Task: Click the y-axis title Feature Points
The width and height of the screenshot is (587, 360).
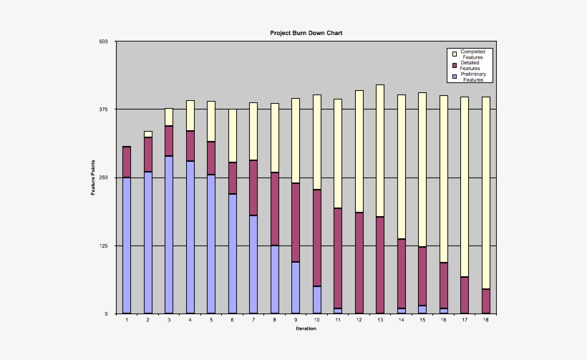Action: click(x=93, y=178)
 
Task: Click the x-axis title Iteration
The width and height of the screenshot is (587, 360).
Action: click(x=306, y=329)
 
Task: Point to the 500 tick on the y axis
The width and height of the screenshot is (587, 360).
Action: click(x=103, y=42)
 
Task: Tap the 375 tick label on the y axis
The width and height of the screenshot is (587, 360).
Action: click(x=103, y=110)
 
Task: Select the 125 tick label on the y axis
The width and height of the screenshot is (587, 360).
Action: click(x=103, y=245)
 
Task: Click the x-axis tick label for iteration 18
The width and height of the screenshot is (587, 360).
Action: click(x=486, y=320)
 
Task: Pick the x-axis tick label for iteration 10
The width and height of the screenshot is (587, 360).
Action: click(x=316, y=320)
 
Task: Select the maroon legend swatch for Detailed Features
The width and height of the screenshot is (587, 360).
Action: click(x=454, y=65)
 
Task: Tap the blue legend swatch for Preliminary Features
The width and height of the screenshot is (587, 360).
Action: click(x=454, y=77)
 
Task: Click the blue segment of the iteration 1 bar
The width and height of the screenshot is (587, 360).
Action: click(x=127, y=245)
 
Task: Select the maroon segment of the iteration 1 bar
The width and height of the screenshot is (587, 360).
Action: click(x=127, y=162)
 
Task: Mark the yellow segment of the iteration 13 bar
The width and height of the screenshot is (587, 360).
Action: click(x=380, y=150)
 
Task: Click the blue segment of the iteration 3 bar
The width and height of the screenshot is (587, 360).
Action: click(x=169, y=234)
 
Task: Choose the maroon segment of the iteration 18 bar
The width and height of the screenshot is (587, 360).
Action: click(x=486, y=301)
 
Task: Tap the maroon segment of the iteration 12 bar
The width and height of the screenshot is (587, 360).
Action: click(x=359, y=263)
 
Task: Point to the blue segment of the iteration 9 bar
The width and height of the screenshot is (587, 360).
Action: click(x=296, y=287)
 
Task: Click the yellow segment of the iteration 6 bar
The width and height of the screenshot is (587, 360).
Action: click(x=232, y=135)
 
